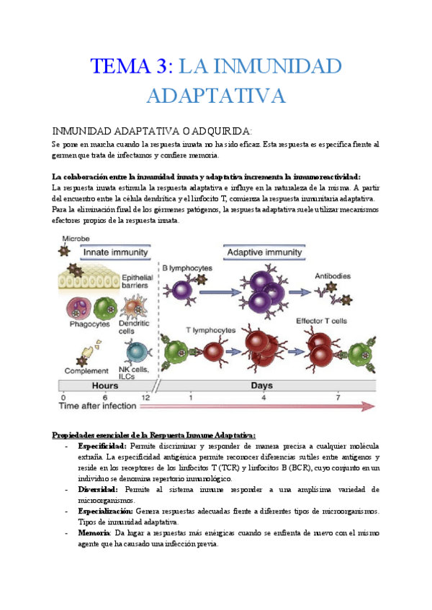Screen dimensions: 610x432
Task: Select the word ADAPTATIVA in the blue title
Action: [x=217, y=96]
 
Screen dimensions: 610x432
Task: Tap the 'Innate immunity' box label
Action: [x=115, y=252]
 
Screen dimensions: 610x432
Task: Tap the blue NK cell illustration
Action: [x=135, y=352]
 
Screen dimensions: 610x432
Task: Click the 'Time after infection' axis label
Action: [x=97, y=406]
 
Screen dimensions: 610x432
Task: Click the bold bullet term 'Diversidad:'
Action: [x=99, y=489]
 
